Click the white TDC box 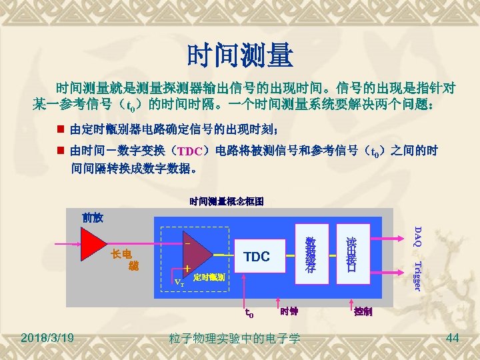click(x=257, y=257)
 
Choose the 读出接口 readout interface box click(x=351, y=256)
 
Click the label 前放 click(x=92, y=217)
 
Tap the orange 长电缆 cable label click(x=123, y=259)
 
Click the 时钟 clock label click(x=289, y=311)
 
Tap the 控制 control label click(x=363, y=311)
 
